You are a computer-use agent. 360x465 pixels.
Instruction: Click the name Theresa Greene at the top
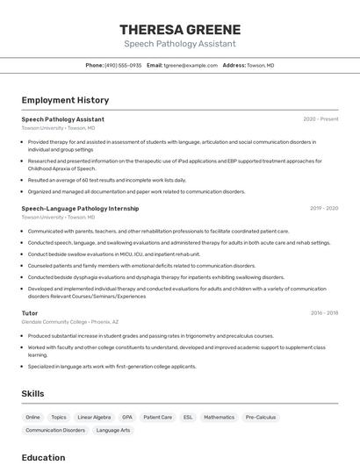[x=179, y=29]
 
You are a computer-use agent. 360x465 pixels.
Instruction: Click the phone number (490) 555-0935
[x=123, y=65]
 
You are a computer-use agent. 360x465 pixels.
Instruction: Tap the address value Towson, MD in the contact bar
[x=260, y=65]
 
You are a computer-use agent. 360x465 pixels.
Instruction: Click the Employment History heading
[x=65, y=100]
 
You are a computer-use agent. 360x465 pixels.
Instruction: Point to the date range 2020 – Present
[x=320, y=119]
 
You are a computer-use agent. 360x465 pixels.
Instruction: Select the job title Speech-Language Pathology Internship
[x=80, y=209]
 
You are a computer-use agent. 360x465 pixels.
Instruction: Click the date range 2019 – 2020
[x=324, y=209]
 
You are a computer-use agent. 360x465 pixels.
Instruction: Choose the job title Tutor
[x=30, y=313]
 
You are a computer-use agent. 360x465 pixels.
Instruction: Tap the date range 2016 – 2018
[x=324, y=313]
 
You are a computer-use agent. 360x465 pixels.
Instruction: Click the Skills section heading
[x=32, y=394]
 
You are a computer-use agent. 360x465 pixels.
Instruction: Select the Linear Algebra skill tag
[x=94, y=418]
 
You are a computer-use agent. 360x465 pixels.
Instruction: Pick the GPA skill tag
[x=127, y=418]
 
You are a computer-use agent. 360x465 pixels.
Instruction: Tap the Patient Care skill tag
[x=158, y=418]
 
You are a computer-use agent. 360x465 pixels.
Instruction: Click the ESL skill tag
[x=188, y=418]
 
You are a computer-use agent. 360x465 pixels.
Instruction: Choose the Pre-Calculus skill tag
[x=261, y=418]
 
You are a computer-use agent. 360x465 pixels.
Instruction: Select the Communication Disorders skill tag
[x=55, y=430]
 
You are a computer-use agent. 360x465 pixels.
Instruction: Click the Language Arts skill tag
[x=113, y=430]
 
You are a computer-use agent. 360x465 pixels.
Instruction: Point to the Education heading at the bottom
[x=43, y=457]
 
